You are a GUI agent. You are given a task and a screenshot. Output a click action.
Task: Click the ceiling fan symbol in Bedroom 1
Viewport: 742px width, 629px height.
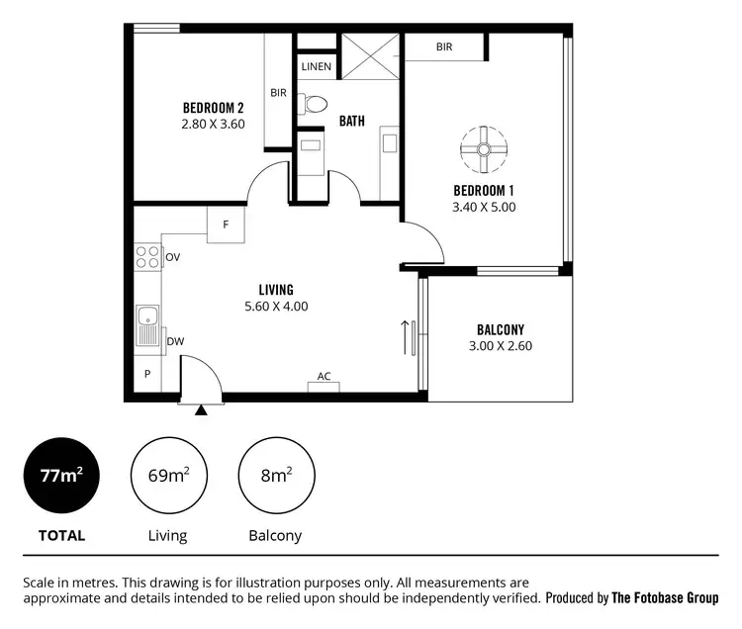484,148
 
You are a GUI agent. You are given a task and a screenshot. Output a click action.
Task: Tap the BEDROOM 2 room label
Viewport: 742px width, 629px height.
213,108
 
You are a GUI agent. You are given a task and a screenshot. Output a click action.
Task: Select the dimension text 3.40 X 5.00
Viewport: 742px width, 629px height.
484,208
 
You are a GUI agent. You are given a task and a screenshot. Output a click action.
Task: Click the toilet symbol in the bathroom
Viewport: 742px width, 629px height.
316,102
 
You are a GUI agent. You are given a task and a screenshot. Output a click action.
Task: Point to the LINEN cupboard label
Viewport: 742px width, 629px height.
317,67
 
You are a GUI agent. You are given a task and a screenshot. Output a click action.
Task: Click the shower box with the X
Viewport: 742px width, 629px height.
370,56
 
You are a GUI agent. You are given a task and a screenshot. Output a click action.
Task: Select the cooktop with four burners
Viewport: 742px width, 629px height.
147,257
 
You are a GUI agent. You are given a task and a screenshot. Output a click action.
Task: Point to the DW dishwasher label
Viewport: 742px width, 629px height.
175,341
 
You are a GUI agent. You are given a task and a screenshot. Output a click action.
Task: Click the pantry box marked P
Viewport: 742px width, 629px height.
147,375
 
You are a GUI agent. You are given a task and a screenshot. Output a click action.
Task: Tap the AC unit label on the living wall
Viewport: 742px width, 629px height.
324,377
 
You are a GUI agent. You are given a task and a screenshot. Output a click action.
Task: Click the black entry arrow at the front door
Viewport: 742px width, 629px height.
202,409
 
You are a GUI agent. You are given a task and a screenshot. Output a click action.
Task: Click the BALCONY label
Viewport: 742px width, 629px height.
500,329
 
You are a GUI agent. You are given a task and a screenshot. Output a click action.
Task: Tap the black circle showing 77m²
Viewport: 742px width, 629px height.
61,476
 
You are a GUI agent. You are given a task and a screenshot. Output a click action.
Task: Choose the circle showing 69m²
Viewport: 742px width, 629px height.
169,476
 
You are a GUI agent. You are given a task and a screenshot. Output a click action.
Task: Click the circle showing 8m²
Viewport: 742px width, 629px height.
275,476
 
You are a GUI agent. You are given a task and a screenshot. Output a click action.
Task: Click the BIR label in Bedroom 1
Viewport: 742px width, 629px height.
444,45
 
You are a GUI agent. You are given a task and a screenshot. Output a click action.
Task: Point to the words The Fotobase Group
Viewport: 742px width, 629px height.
665,598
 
